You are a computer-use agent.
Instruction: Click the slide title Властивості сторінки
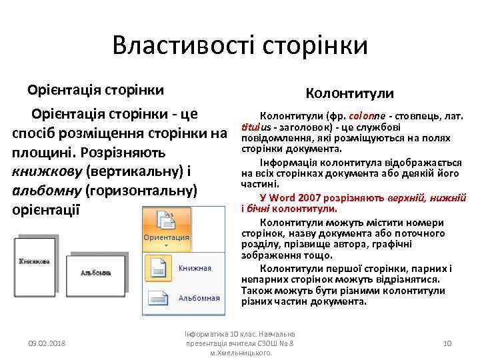coord(240,45)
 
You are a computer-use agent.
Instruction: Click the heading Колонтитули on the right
coord(349,93)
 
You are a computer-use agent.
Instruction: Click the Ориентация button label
coord(166,237)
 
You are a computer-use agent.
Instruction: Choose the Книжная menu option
coord(195,268)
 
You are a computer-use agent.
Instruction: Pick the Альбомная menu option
coord(199,298)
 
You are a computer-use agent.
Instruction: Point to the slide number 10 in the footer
coord(447,343)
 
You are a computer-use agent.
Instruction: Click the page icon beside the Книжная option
coord(158,268)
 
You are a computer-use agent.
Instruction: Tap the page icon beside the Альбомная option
coord(158,299)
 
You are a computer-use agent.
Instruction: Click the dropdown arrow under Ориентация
coord(166,245)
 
